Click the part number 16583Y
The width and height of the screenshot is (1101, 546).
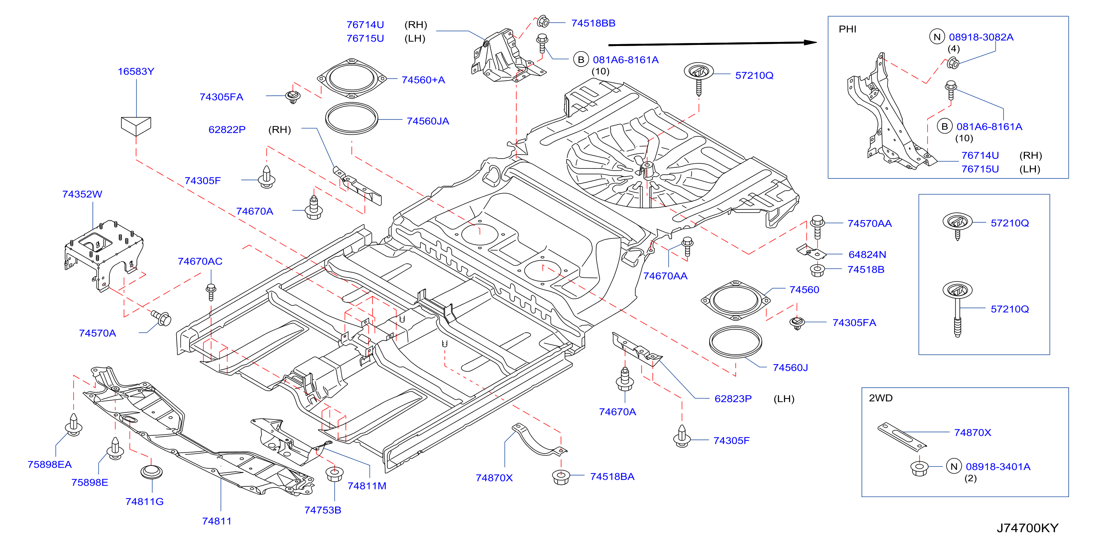[x=136, y=71]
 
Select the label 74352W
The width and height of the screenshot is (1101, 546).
[x=82, y=194]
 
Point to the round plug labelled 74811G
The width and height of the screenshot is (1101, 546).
[x=151, y=472]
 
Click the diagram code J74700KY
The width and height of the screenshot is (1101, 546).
[x=1027, y=528]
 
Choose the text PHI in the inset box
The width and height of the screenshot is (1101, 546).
[x=848, y=29]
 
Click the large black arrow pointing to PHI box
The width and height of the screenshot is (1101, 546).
[x=713, y=43]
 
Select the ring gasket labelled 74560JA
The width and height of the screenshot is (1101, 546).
[x=351, y=118]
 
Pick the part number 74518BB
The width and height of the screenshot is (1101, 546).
[x=593, y=23]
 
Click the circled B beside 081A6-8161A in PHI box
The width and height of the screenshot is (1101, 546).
[x=945, y=127]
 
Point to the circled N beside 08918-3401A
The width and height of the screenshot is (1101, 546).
[x=953, y=467]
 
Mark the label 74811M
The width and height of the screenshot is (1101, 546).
[x=367, y=486]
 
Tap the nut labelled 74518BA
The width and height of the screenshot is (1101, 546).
[x=561, y=476]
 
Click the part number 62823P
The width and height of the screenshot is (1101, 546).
[x=733, y=398]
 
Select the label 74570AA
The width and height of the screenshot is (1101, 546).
[x=869, y=224]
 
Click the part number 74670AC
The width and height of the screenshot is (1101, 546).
[x=200, y=261]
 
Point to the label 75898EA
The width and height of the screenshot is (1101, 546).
[x=50, y=464]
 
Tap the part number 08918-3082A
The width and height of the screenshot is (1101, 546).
[x=981, y=37]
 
